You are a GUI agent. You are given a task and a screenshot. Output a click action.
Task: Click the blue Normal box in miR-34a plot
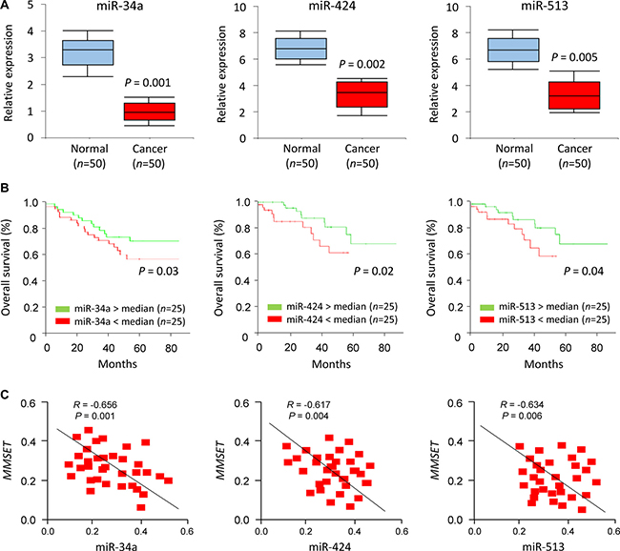pyautogui.click(x=87, y=51)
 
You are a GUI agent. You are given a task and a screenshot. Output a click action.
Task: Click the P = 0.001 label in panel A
pyautogui.click(x=156, y=82)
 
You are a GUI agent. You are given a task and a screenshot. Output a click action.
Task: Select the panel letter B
pyautogui.click(x=8, y=193)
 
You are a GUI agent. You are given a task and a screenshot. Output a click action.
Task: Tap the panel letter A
pyautogui.click(x=8, y=7)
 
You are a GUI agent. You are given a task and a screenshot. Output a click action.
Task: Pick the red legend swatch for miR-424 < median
pyautogui.click(x=271, y=317)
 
